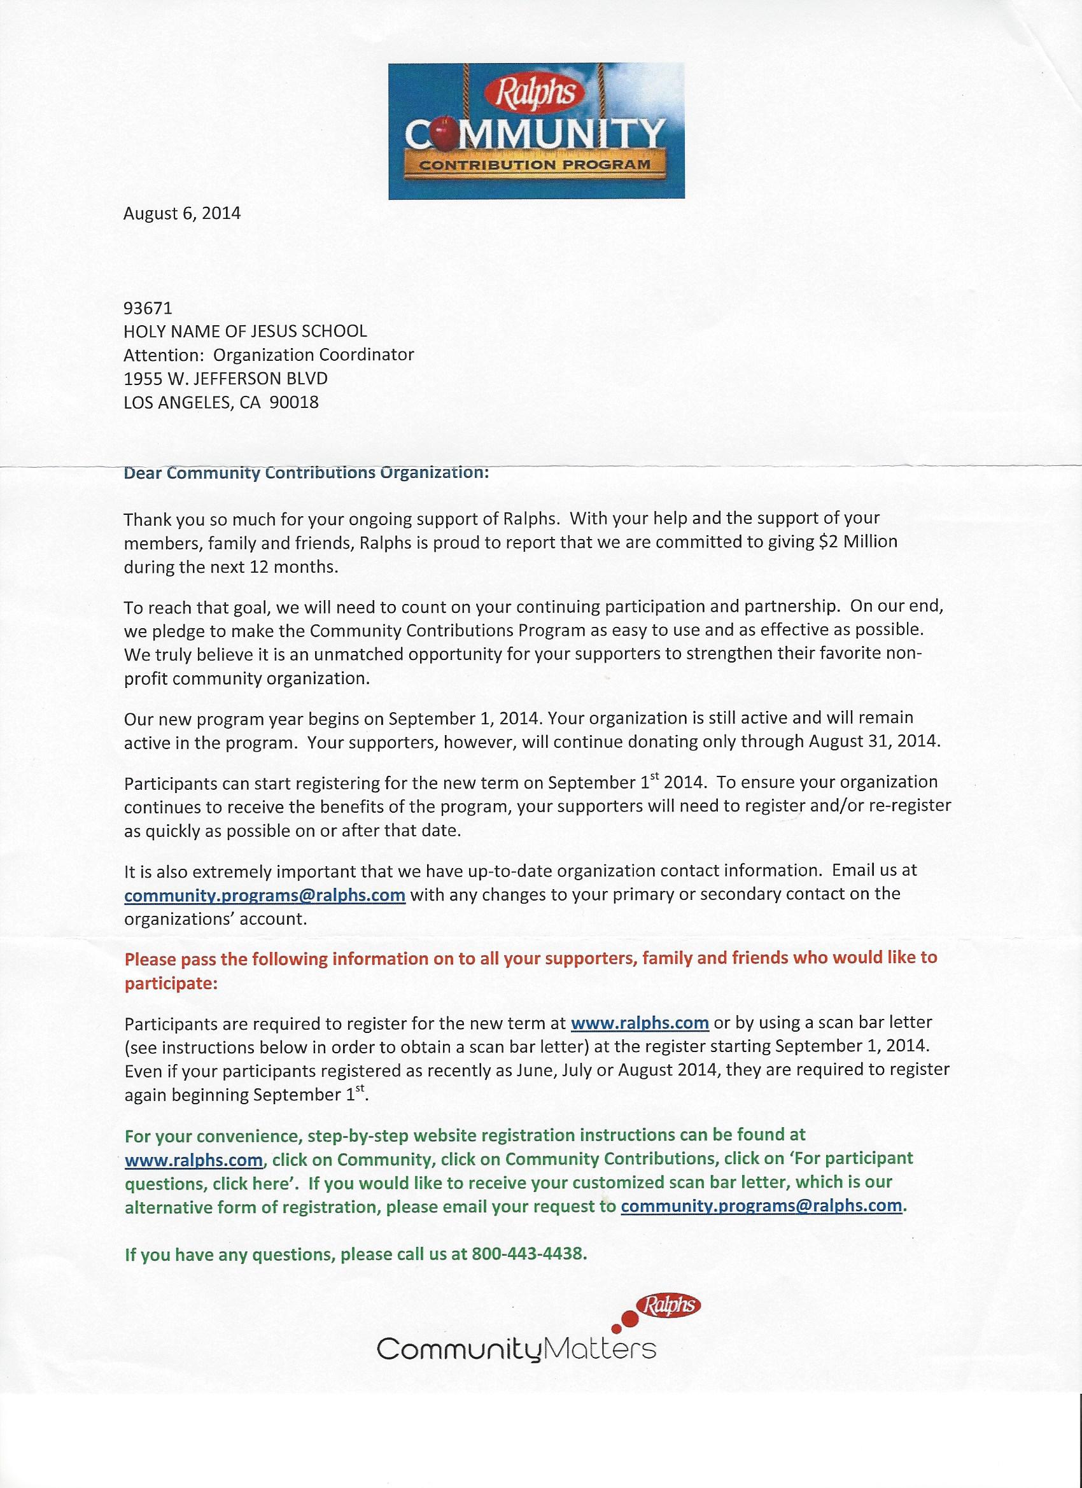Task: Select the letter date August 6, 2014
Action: point(182,213)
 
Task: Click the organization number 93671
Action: point(148,307)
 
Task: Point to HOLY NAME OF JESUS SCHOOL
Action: point(246,332)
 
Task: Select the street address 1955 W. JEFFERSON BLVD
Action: point(225,379)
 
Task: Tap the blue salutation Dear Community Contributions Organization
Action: point(306,472)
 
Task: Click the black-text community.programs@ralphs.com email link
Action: point(264,895)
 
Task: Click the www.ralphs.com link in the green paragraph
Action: point(193,1160)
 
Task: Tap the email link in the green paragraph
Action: point(761,1206)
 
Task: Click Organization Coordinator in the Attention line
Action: point(314,355)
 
